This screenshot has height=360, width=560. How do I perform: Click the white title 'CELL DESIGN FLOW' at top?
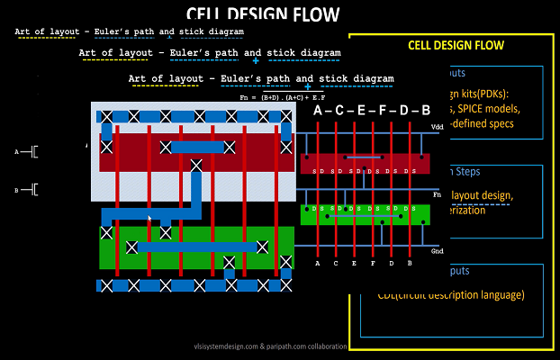tap(263, 13)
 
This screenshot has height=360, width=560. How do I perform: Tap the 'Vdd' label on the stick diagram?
tap(438, 127)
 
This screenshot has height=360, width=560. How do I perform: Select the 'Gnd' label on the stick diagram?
tap(438, 251)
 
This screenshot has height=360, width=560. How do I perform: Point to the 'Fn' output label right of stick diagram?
tap(437, 193)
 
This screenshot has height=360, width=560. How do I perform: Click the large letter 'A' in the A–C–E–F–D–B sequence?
tap(317, 110)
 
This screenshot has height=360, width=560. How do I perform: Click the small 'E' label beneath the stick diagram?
tap(354, 264)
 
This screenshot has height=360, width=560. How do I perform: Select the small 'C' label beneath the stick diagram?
tap(336, 264)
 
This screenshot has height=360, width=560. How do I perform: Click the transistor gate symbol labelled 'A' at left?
tap(29, 152)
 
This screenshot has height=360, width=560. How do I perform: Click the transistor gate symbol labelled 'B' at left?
tap(29, 190)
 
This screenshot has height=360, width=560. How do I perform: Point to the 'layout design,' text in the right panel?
tap(478, 195)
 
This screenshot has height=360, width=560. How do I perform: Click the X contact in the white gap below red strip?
tap(196, 164)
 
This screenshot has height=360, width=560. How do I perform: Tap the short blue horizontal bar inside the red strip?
tap(196, 147)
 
